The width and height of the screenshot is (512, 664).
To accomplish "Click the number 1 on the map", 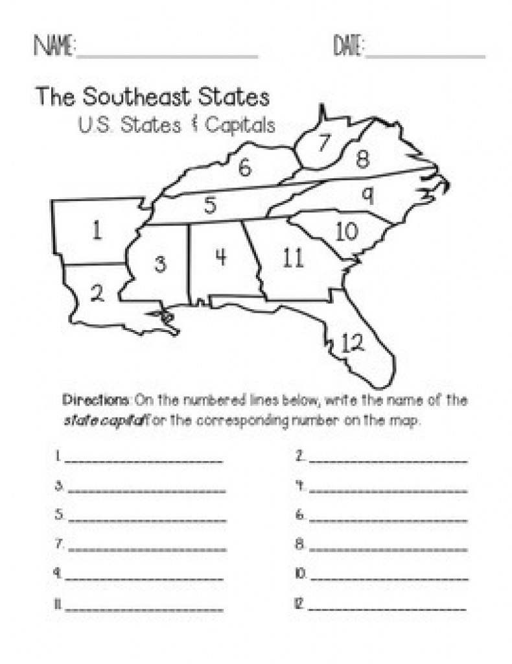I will click(x=97, y=231).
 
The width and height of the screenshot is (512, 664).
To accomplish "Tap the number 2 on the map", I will click(x=97, y=294).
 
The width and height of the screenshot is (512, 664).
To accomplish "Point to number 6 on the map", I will click(x=244, y=168).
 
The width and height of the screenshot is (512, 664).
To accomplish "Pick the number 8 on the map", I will click(x=362, y=160).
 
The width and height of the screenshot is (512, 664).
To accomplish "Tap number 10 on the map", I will click(x=347, y=231).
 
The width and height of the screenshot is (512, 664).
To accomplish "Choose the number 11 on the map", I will click(x=293, y=258).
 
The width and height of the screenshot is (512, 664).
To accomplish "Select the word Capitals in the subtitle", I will click(x=240, y=124).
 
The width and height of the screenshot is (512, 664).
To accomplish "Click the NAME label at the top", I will click(x=54, y=47).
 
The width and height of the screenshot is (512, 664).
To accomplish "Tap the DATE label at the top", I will click(x=349, y=47).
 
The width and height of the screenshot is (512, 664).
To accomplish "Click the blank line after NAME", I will click(x=167, y=56).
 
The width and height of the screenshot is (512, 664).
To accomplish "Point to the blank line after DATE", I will click(x=425, y=56).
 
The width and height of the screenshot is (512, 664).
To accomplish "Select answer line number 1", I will click(x=144, y=461).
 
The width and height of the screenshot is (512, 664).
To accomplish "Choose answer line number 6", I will click(x=388, y=519).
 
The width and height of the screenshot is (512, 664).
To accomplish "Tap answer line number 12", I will click(x=388, y=608).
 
